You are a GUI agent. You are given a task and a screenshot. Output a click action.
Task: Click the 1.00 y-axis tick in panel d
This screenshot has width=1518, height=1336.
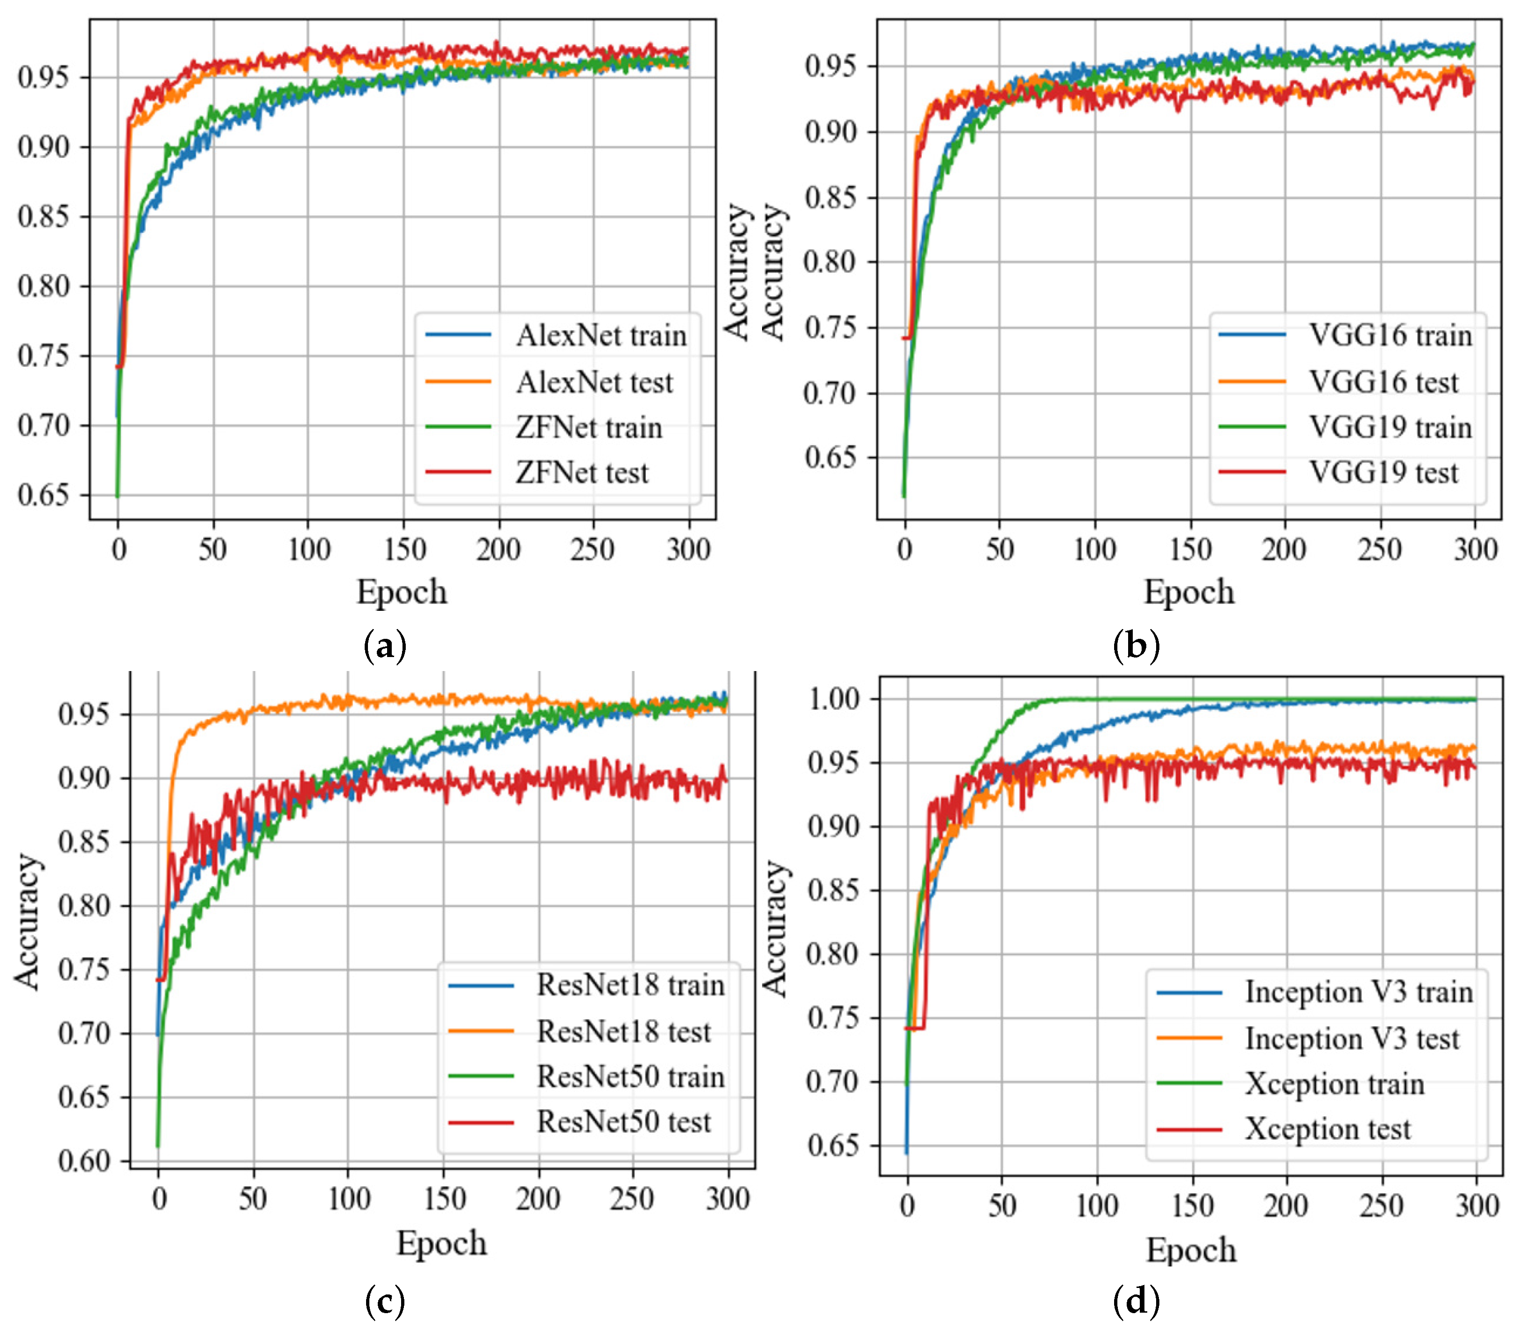833,699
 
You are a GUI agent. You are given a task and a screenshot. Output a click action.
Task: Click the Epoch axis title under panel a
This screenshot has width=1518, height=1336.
402,592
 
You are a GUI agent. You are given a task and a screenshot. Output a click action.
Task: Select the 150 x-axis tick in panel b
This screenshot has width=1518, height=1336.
1191,550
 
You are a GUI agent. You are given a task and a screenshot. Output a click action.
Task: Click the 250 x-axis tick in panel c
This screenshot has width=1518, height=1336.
632,1199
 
